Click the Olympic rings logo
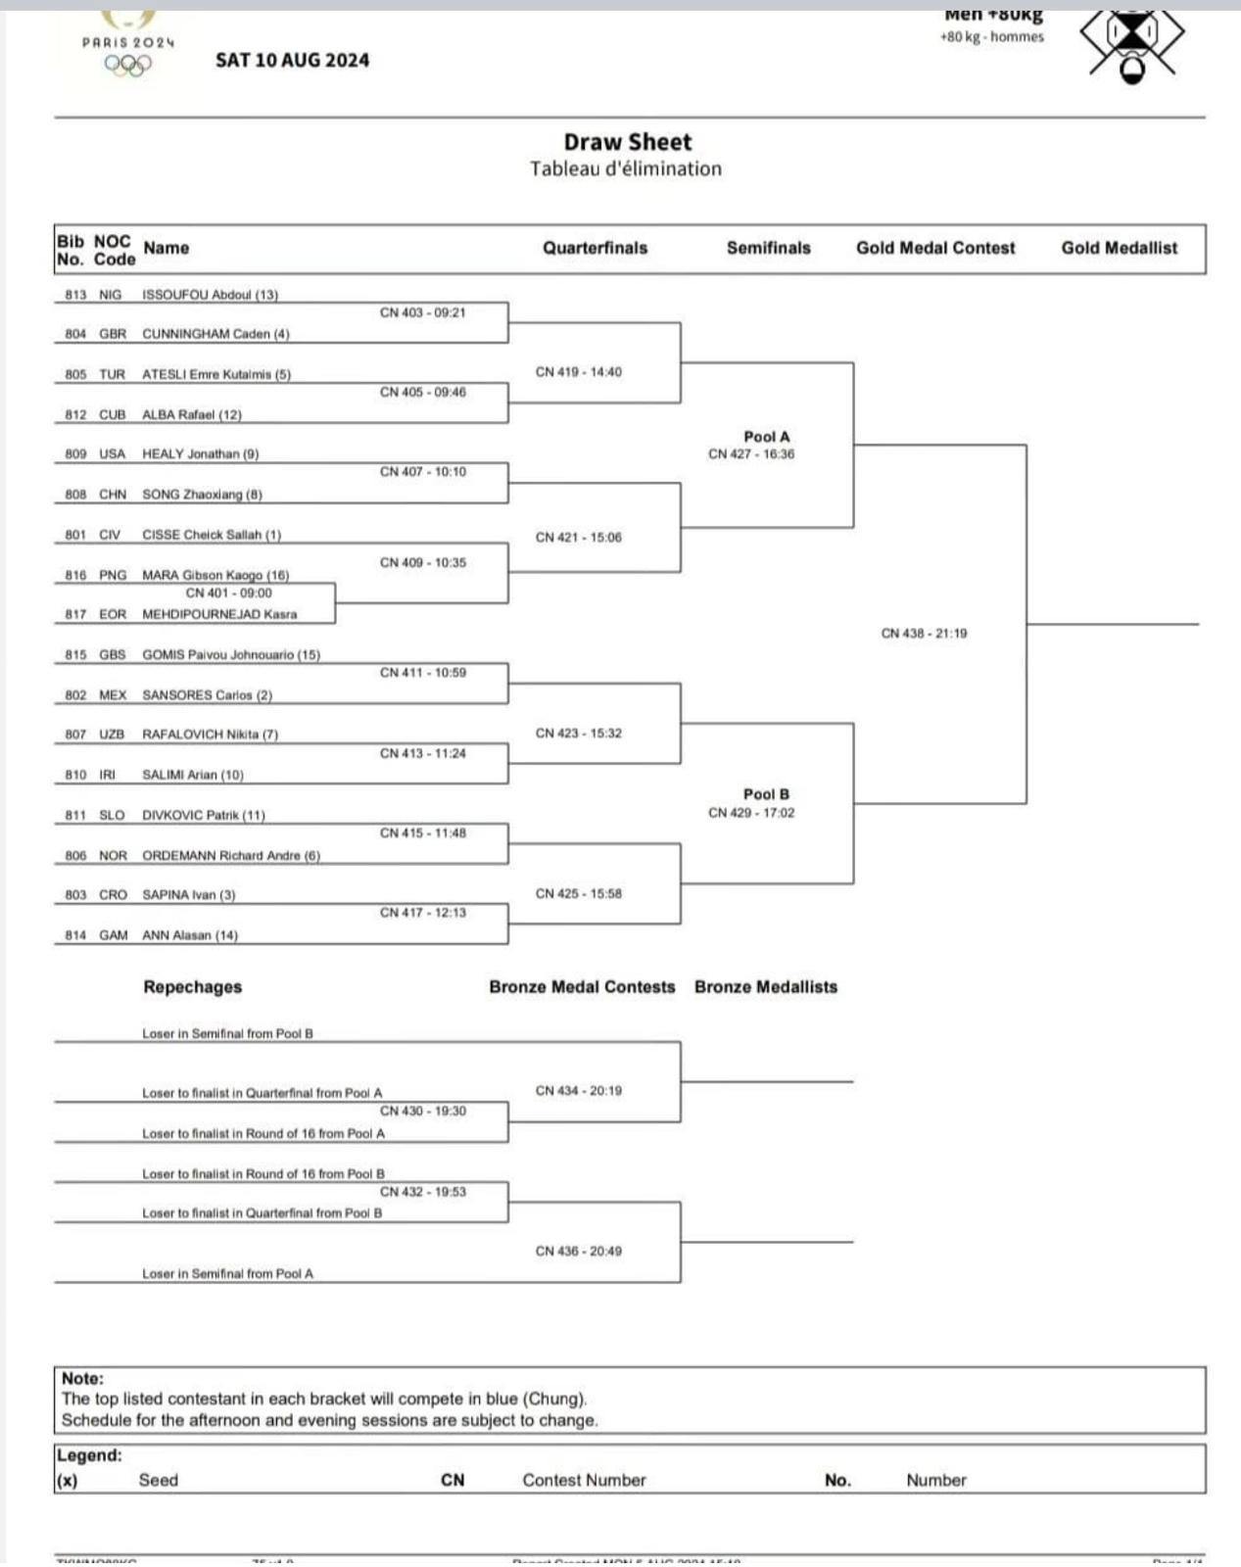pos(128,65)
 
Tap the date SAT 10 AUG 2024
pos(292,60)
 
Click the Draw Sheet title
pos(627,142)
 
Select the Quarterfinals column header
pos(596,248)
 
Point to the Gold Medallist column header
pos(1120,248)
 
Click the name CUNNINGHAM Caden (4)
pos(215,334)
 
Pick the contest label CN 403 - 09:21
pos(423,312)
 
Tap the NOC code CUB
pos(113,414)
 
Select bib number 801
pos(75,535)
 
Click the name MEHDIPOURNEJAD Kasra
pos(219,614)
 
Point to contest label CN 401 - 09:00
pos(229,593)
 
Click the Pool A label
pos(766,437)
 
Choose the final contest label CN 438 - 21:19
pos(924,634)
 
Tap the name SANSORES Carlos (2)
pos(208,694)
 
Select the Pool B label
pos(766,794)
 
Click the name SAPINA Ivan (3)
pos(189,895)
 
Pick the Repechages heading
pos(192,986)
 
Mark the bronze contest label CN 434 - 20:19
pos(578,1090)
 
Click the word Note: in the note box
pos(82,1378)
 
